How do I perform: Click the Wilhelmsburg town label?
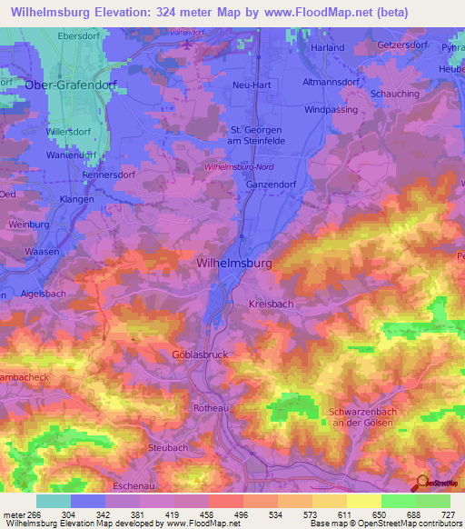[233, 263]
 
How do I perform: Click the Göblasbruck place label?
[199, 354]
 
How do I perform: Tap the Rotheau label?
[211, 409]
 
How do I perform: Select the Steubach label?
[167, 448]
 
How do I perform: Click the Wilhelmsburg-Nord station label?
[240, 167]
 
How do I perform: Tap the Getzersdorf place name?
[403, 44]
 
